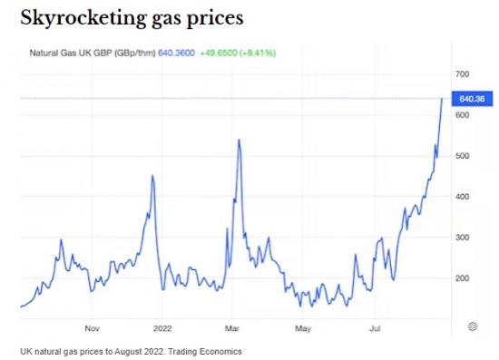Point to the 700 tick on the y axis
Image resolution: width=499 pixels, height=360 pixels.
point(462,74)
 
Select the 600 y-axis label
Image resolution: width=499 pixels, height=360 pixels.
point(462,115)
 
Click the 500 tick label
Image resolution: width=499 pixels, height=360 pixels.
point(462,156)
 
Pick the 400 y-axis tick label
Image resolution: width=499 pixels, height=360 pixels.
point(462,197)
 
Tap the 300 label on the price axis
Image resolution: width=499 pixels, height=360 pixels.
point(462,238)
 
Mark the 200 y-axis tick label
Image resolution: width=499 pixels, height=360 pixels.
point(462,278)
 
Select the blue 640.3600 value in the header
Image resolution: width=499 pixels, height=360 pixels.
point(177,53)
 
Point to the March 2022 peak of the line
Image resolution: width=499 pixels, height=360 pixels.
point(238,140)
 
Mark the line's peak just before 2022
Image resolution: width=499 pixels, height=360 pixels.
point(152,176)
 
